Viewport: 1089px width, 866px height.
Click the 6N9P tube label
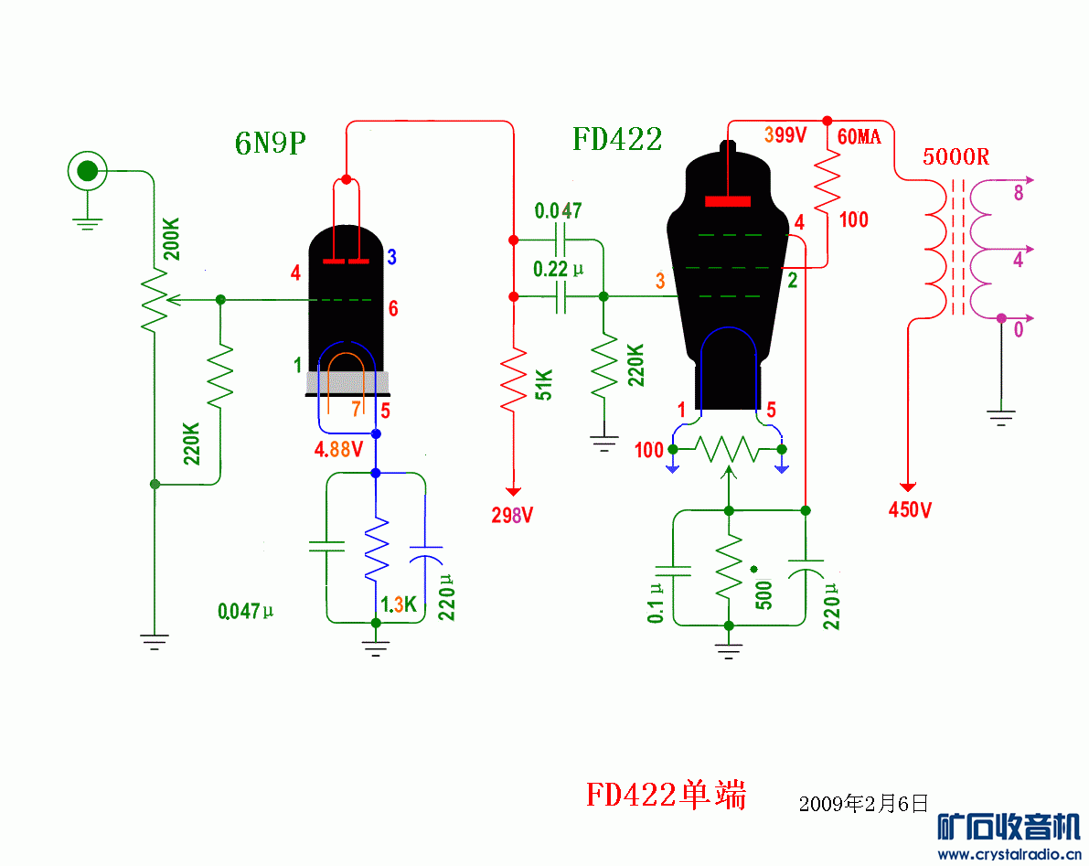click(x=270, y=144)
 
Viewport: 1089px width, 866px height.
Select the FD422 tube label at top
click(x=617, y=140)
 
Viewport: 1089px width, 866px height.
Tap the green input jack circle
click(x=87, y=170)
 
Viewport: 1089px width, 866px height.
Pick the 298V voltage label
click(x=512, y=515)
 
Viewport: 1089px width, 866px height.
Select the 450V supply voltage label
click(x=910, y=510)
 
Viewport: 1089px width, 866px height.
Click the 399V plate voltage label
click(x=785, y=135)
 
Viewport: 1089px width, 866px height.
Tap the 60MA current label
click(x=859, y=137)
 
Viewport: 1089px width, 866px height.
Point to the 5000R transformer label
click(x=956, y=156)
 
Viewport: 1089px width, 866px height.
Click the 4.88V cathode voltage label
click(x=338, y=450)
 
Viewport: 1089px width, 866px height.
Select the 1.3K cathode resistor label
click(x=399, y=604)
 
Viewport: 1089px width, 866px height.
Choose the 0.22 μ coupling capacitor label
click(x=558, y=270)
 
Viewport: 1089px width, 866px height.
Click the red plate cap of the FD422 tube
click(x=728, y=201)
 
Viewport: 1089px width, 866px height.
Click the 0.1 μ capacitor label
click(x=656, y=604)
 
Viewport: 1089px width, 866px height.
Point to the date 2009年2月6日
click(x=863, y=804)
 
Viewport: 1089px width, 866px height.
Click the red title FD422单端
click(x=666, y=795)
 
